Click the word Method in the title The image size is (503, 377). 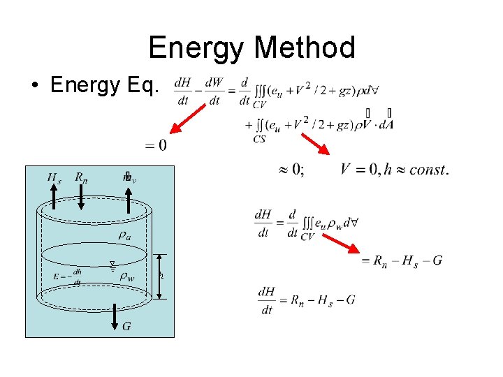[306, 47]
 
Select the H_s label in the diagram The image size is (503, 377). [54, 177]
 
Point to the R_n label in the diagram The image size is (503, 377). [81, 177]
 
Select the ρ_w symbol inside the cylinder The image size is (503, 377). [126, 276]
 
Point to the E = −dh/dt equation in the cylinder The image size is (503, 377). [68, 276]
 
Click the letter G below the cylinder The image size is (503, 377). [126, 326]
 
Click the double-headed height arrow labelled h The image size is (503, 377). [159, 275]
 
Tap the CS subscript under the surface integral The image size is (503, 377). [259, 139]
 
